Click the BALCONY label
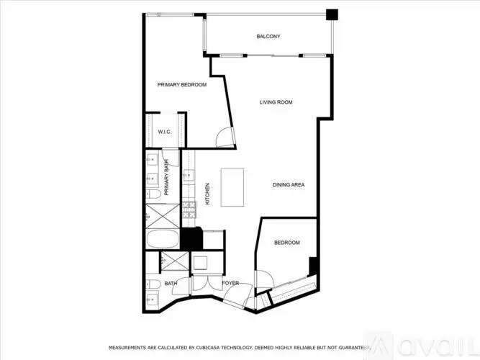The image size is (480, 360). [x=268, y=37]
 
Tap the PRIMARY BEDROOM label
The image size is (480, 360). [x=182, y=84]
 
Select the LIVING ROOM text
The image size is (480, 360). [x=276, y=102]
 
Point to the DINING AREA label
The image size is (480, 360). [x=289, y=185]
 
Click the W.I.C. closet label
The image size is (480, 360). [x=165, y=132]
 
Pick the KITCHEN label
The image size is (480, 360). [x=207, y=194]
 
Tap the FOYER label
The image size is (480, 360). [x=230, y=283]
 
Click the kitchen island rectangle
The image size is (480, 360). [x=232, y=187]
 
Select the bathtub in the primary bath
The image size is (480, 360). [x=163, y=239]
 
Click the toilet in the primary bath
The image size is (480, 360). [x=153, y=194]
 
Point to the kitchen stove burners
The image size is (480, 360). [x=189, y=210]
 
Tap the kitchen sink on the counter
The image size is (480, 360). [x=189, y=175]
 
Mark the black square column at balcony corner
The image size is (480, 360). [x=332, y=14]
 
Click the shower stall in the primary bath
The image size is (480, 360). [x=163, y=216]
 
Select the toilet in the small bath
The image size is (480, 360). [x=153, y=284]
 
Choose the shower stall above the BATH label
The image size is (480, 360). [x=175, y=261]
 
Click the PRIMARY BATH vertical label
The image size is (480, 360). [x=166, y=177]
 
